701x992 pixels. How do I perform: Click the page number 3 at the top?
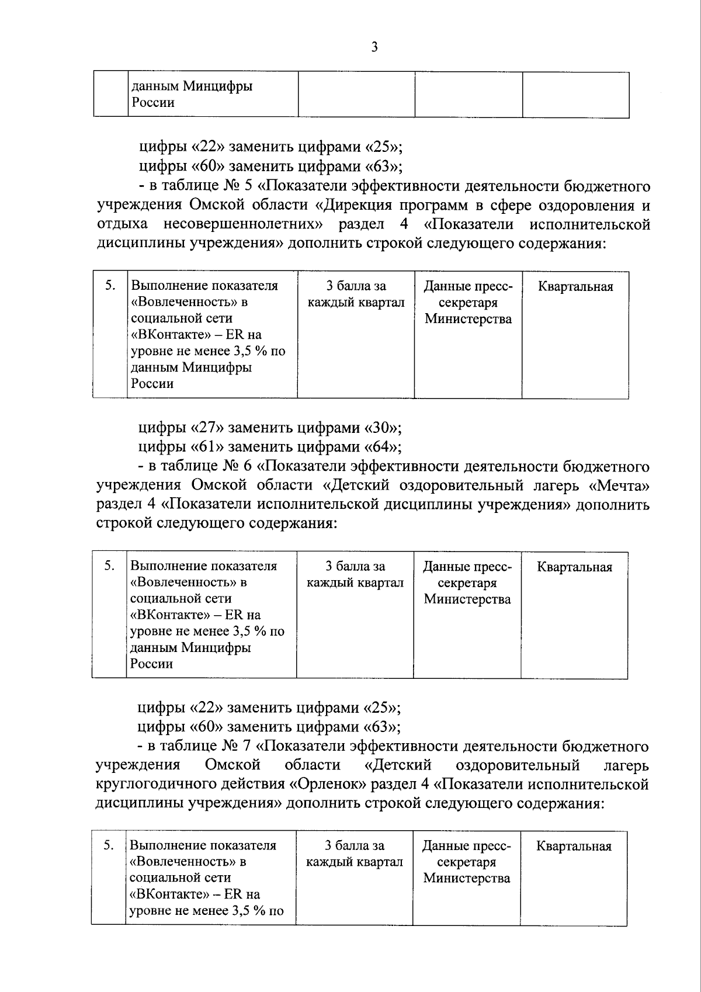(x=374, y=47)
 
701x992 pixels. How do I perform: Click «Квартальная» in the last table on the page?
(x=574, y=847)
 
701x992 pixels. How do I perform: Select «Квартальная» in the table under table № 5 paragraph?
(x=575, y=286)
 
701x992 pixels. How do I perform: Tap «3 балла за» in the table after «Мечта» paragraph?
(x=355, y=566)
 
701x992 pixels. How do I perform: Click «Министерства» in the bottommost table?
(x=467, y=878)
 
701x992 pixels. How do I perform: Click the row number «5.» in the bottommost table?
(x=109, y=845)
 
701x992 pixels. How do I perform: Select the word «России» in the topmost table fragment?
(x=152, y=103)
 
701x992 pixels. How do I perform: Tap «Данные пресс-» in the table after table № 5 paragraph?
(x=468, y=286)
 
